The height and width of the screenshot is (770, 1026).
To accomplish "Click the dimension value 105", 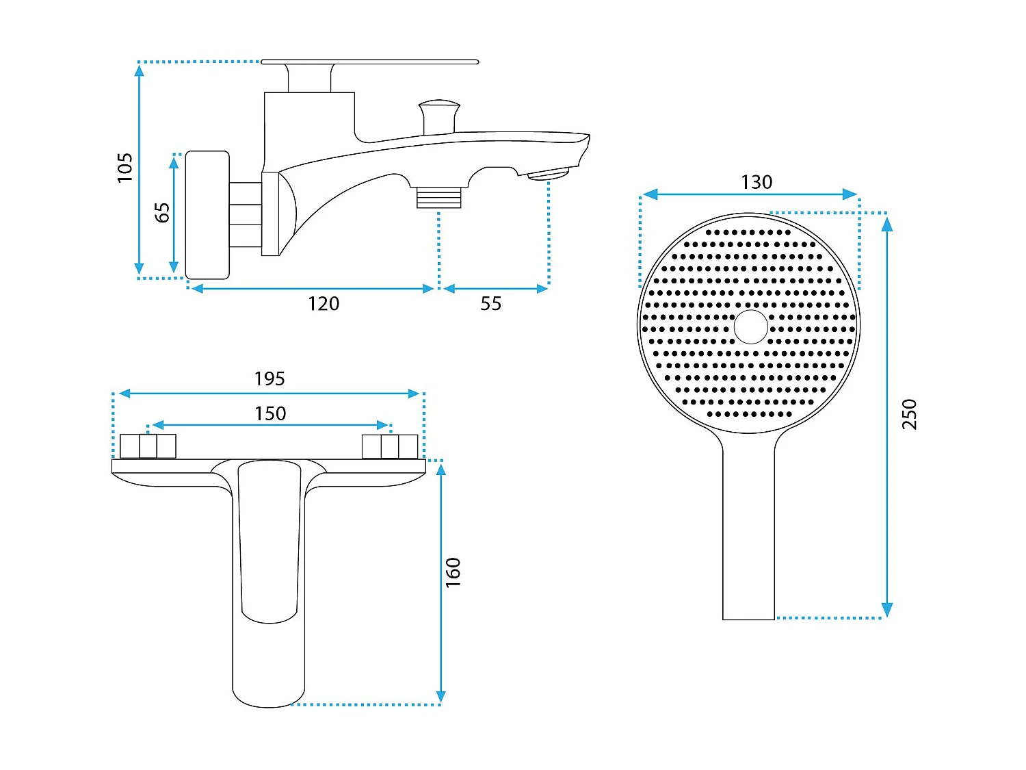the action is (124, 168).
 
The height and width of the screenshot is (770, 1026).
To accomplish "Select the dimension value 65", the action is (162, 213).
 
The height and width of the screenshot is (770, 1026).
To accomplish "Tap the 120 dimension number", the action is (324, 304).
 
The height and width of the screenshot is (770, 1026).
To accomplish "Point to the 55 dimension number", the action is (491, 304).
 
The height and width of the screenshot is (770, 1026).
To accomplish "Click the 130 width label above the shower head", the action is (757, 182).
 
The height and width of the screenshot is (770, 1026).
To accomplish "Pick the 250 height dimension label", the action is (909, 414).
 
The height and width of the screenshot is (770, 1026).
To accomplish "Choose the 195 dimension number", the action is (269, 378).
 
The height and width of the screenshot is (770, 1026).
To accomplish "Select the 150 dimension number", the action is (270, 414).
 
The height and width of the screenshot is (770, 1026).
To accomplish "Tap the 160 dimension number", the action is (453, 573).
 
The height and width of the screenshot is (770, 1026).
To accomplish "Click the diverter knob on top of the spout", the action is (439, 116).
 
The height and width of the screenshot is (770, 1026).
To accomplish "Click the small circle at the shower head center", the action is (750, 326).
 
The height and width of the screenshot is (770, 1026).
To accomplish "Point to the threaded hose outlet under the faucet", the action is (439, 197).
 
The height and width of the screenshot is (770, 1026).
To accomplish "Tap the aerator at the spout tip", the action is (549, 174).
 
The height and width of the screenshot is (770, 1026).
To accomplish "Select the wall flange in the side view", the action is (207, 215).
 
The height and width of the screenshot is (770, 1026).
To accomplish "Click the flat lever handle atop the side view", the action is (369, 62).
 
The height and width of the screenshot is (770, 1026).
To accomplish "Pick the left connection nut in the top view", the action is (148, 446).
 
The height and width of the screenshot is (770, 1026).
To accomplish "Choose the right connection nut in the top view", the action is (390, 446).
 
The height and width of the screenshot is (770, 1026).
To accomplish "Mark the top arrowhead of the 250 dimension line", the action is (886, 224).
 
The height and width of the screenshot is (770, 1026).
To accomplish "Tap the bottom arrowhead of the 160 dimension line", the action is (440, 697).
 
